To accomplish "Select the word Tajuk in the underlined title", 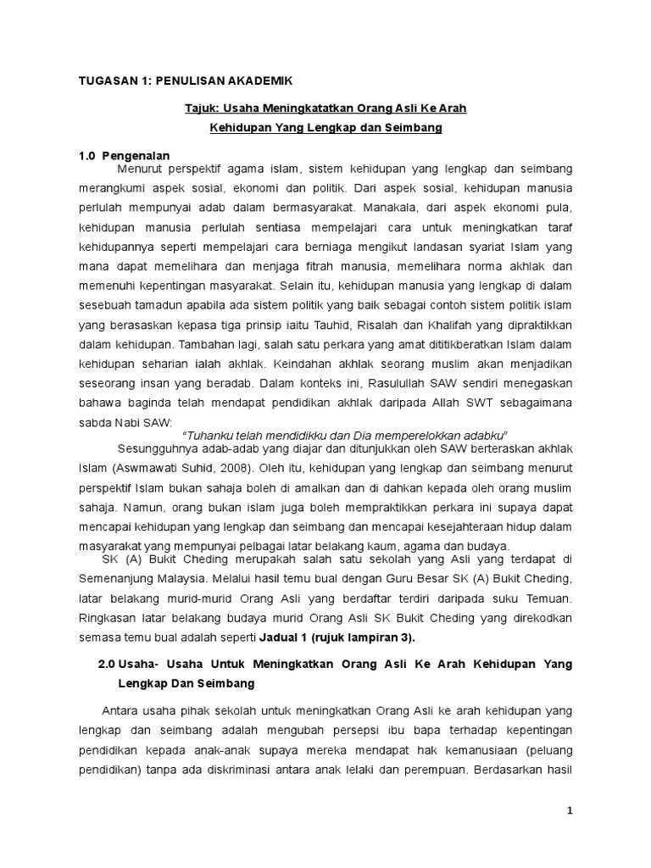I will point(201,109).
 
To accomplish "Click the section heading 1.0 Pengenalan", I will point(125,156).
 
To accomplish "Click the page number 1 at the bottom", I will point(570,810).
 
